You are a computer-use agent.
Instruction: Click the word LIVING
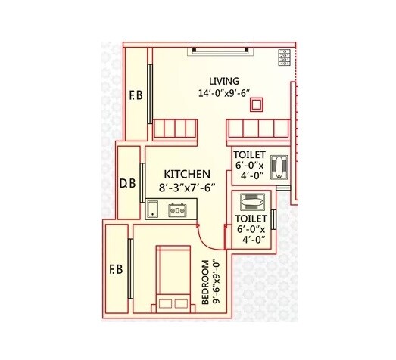coord(225,82)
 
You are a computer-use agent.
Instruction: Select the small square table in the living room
coord(257,105)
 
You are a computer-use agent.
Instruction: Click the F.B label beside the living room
coord(136,96)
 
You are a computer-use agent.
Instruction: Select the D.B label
coord(127,183)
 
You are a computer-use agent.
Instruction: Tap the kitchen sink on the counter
coord(153,208)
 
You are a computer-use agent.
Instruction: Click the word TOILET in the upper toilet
coord(250,154)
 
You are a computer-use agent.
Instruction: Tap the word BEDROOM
coord(206,284)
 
